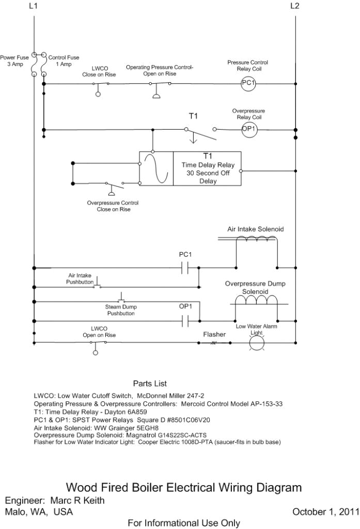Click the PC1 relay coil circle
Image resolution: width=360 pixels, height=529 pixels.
pos(248,83)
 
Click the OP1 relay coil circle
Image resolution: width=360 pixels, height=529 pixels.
pos(249,129)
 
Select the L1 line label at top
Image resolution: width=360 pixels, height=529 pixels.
pos(34,6)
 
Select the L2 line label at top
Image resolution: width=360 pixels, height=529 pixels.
pos(295,6)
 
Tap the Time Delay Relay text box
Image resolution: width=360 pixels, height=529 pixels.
pos(208,169)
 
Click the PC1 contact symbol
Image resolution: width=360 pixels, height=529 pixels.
pos(185,268)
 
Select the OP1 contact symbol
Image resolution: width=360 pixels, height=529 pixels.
pos(185,321)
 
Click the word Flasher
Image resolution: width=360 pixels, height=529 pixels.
pos(214,335)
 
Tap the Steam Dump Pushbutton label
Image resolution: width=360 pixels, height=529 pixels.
pos(121,310)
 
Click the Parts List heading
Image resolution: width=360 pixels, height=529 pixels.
pos(150,383)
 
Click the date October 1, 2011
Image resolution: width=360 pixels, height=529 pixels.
pos(325,512)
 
